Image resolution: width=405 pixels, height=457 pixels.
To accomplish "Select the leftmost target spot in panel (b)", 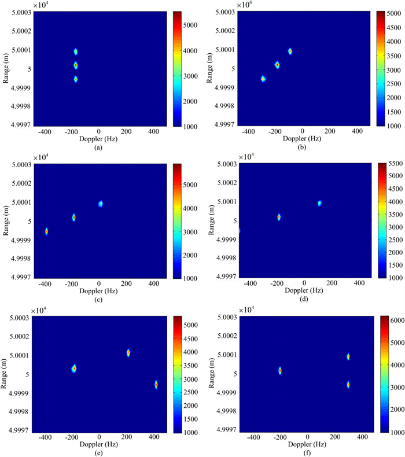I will coord(263,79).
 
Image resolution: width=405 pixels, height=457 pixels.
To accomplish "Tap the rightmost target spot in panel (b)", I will coord(290,51).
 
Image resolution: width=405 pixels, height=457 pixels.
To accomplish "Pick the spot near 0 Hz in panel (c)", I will coord(100,204).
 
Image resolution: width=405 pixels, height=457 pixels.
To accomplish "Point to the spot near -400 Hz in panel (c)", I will coord(46,231).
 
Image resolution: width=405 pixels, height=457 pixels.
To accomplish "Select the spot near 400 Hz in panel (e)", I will coord(156,384).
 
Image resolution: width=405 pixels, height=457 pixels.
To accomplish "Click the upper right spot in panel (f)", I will coord(348,357).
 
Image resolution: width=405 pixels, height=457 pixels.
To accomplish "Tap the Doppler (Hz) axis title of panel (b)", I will coord(302,139).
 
